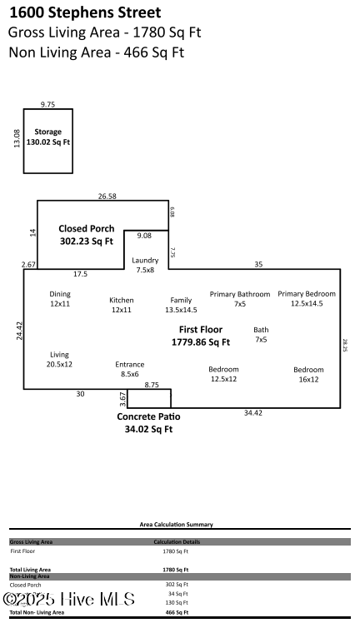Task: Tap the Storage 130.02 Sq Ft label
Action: [x=47, y=137]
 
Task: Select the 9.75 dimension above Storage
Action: [x=47, y=104]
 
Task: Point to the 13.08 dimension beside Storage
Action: [x=17, y=137]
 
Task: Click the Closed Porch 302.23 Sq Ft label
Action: [x=86, y=235]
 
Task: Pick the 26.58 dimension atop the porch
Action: [x=107, y=197]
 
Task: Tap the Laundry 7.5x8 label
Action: [x=145, y=265]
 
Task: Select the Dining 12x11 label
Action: [x=60, y=298]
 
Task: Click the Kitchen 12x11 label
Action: [x=122, y=305]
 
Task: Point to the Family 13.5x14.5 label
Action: [x=181, y=305]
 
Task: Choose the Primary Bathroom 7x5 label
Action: [x=239, y=298]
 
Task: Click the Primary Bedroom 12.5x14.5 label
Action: [x=307, y=298]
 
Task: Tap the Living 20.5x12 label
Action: [x=59, y=359]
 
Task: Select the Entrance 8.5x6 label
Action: [x=129, y=369]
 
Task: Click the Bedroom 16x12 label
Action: [x=308, y=374]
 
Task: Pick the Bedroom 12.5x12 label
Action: [x=223, y=374]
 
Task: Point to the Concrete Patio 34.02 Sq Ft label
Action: [x=148, y=422]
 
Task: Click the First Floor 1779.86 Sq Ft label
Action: [x=200, y=336]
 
